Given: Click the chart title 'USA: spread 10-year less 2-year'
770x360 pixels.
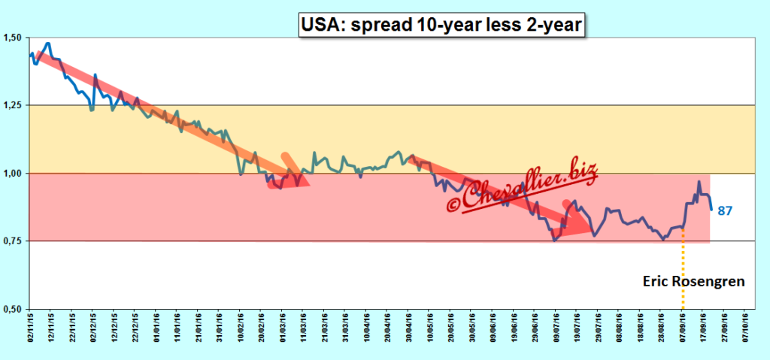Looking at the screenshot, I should pyautogui.click(x=441, y=25).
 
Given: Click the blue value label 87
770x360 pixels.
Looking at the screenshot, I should pyautogui.click(x=725, y=211).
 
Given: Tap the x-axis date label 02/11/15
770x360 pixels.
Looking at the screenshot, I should pyautogui.click(x=31, y=330).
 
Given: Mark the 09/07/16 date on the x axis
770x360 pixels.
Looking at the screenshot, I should pyautogui.click(x=553, y=330).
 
